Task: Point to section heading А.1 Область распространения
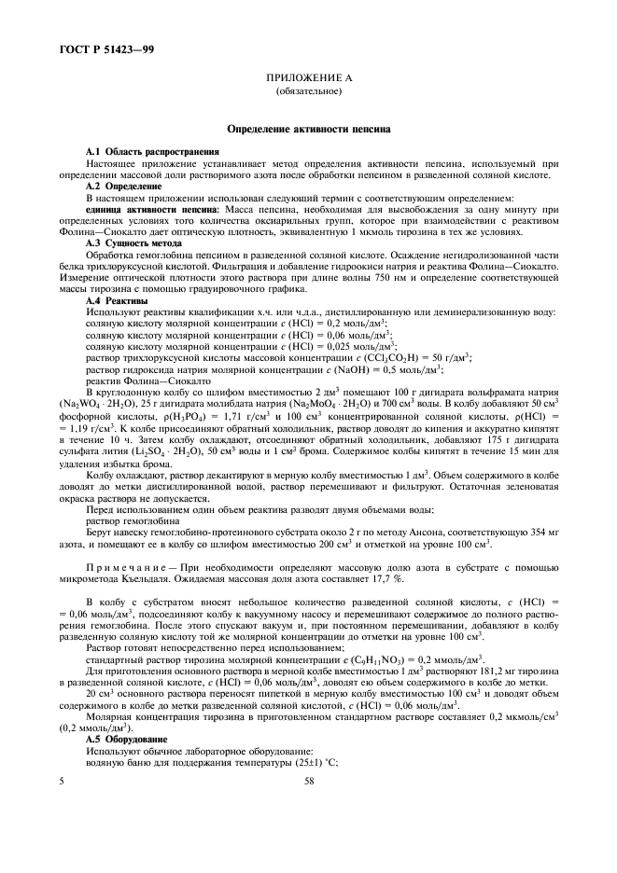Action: [152, 151]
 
